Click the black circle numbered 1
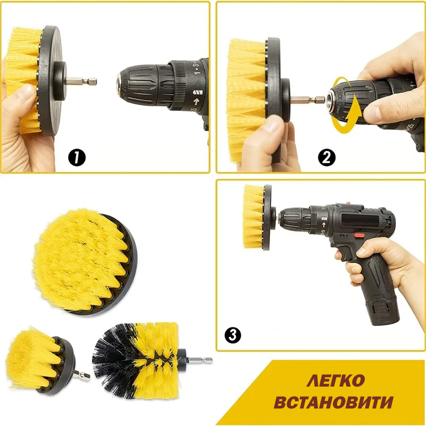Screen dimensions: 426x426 pos(77,158)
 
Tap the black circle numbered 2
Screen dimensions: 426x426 pos(326,158)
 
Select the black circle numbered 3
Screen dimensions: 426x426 pos(233,335)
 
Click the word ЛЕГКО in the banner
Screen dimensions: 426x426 pos(335,380)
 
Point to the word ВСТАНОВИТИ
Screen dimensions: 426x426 pos(333,402)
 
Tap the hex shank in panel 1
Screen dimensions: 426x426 pos(81,81)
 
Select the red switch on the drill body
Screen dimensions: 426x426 pos(358,235)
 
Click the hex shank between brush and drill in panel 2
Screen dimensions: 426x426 pos(308,100)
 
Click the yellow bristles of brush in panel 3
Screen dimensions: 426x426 pos(253,217)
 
